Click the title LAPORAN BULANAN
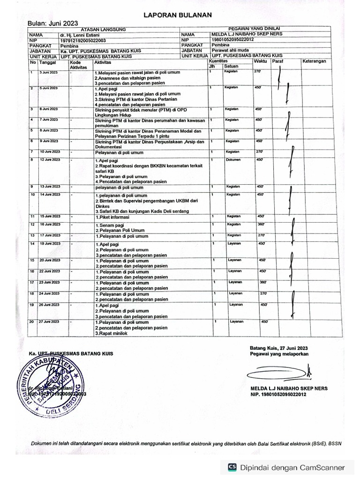point(178,15)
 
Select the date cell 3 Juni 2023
point(48,72)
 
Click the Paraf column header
point(278,61)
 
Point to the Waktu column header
point(260,61)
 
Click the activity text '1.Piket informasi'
point(112,217)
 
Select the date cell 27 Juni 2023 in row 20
point(49,322)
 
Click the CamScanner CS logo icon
point(232,467)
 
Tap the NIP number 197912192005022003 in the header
point(83,40)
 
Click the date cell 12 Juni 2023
point(49,160)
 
